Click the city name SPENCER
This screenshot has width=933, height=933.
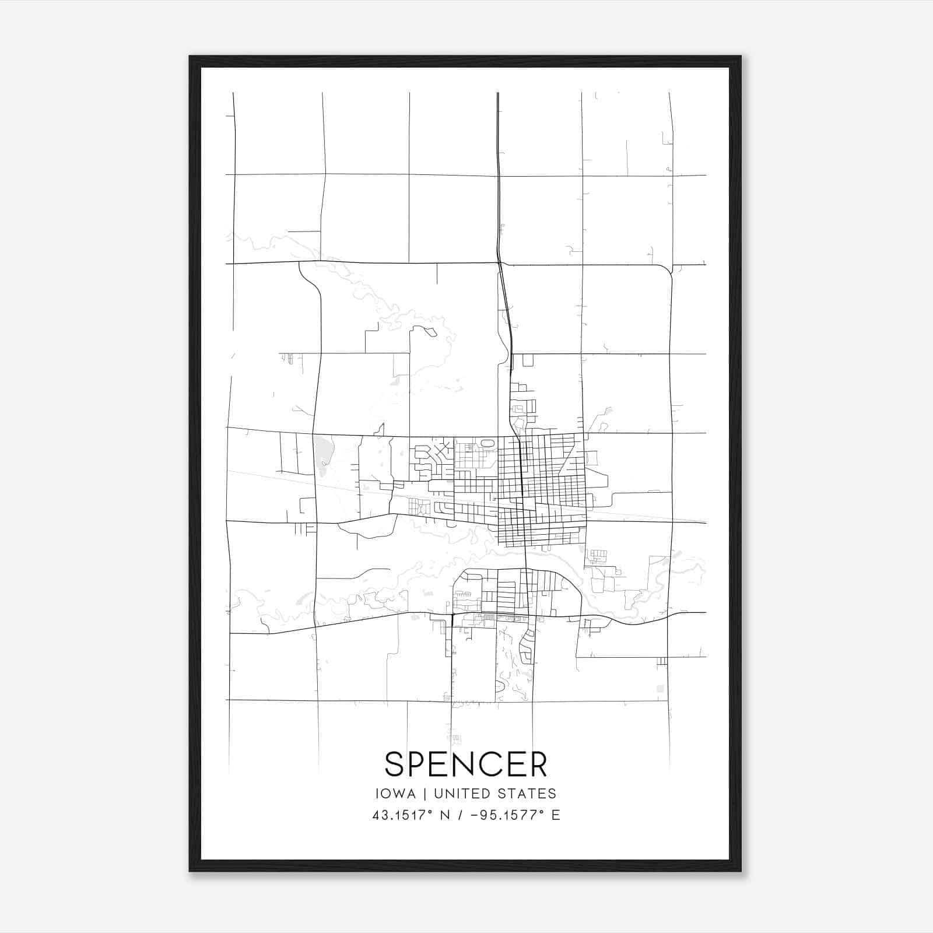(x=466, y=764)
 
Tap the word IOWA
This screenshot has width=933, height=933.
(x=396, y=794)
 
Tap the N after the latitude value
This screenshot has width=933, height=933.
(x=444, y=815)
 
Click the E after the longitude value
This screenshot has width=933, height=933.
(x=556, y=815)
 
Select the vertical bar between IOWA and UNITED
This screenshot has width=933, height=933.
(x=425, y=794)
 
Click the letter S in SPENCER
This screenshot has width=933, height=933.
(x=395, y=764)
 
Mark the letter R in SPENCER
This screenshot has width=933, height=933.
(x=538, y=764)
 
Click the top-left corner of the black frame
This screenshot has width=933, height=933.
(x=190, y=57)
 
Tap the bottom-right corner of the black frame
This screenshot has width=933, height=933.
(x=741, y=871)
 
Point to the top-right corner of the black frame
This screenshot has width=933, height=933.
(x=741, y=57)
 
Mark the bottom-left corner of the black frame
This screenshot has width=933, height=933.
(x=190, y=871)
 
